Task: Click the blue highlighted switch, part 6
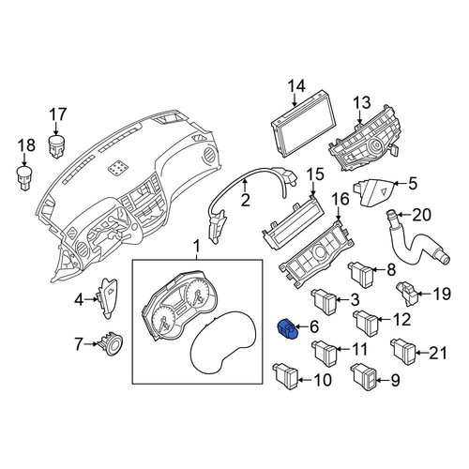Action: [287, 329]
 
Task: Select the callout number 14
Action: [295, 85]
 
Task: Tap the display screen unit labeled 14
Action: [303, 126]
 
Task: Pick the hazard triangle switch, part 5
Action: [372, 192]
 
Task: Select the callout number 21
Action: [438, 353]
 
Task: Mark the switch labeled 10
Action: [285, 376]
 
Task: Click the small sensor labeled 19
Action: [406, 294]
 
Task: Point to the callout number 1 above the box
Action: [197, 248]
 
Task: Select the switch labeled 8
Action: [360, 275]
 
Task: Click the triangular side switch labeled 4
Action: [108, 298]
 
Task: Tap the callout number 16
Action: [340, 199]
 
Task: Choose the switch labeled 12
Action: [365, 324]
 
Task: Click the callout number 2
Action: [246, 200]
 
